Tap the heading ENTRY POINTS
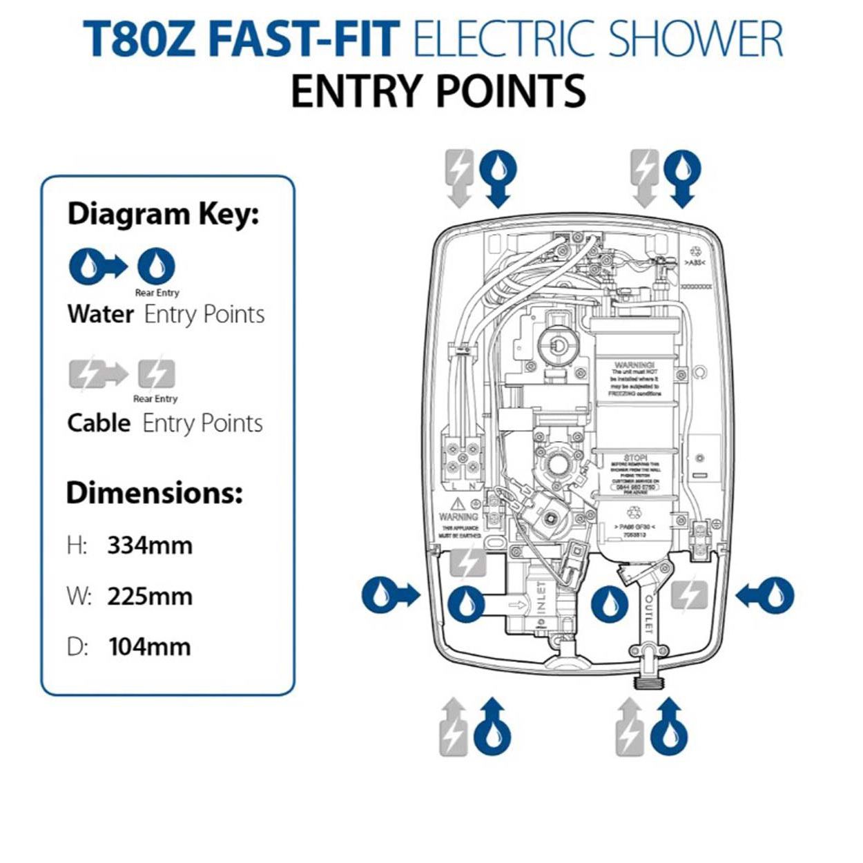pyautogui.click(x=438, y=90)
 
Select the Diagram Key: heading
pyautogui.click(x=163, y=214)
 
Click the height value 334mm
pyautogui.click(x=150, y=545)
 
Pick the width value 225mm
pyautogui.click(x=150, y=596)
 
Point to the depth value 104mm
pyautogui.click(x=150, y=647)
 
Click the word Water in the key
pyautogui.click(x=101, y=314)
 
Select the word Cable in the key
pyautogui.click(x=99, y=423)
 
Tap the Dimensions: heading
pyautogui.click(x=155, y=493)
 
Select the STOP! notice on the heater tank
pyautogui.click(x=634, y=458)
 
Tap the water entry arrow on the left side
pyautogui.click(x=390, y=594)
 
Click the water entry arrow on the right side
pyautogui.click(x=765, y=594)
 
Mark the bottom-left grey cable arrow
pyautogui.click(x=454, y=726)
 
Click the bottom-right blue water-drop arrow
pyautogui.click(x=670, y=726)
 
